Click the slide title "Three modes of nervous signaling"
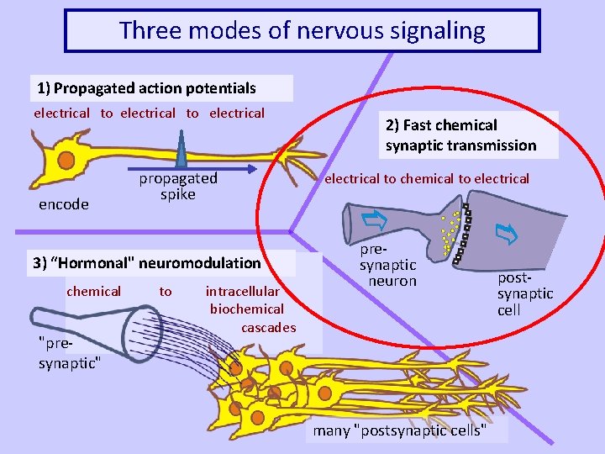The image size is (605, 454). pyautogui.click(x=302, y=31)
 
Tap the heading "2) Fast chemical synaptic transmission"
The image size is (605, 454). pyautogui.click(x=461, y=135)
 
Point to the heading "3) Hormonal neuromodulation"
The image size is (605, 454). pyautogui.click(x=147, y=263)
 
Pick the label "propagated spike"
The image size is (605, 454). pyautogui.click(x=178, y=187)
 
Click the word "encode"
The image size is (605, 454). pyautogui.click(x=64, y=204)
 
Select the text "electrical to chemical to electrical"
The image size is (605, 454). pyautogui.click(x=427, y=179)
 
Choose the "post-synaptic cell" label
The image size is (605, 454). pyautogui.click(x=524, y=293)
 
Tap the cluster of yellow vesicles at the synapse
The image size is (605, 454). pyautogui.click(x=452, y=231)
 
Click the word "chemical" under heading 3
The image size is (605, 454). pyautogui.click(x=94, y=291)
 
